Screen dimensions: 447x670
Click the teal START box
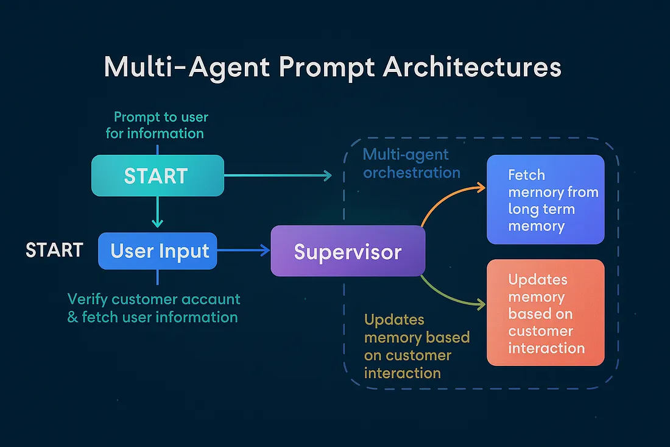tap(157, 176)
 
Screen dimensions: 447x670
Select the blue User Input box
tap(158, 251)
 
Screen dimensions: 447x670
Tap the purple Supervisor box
tap(348, 251)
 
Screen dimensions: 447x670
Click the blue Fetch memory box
tap(545, 200)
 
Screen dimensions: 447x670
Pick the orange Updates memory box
tap(545, 313)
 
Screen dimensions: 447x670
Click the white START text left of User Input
tap(54, 250)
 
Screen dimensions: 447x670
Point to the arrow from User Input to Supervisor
tap(244, 250)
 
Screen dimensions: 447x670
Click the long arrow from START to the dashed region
tap(277, 176)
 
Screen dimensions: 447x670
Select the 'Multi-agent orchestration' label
tap(411, 163)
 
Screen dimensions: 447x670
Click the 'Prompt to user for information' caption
tap(157, 124)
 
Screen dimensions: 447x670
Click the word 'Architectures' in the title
tap(471, 67)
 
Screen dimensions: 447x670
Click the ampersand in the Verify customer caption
tap(72, 317)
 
